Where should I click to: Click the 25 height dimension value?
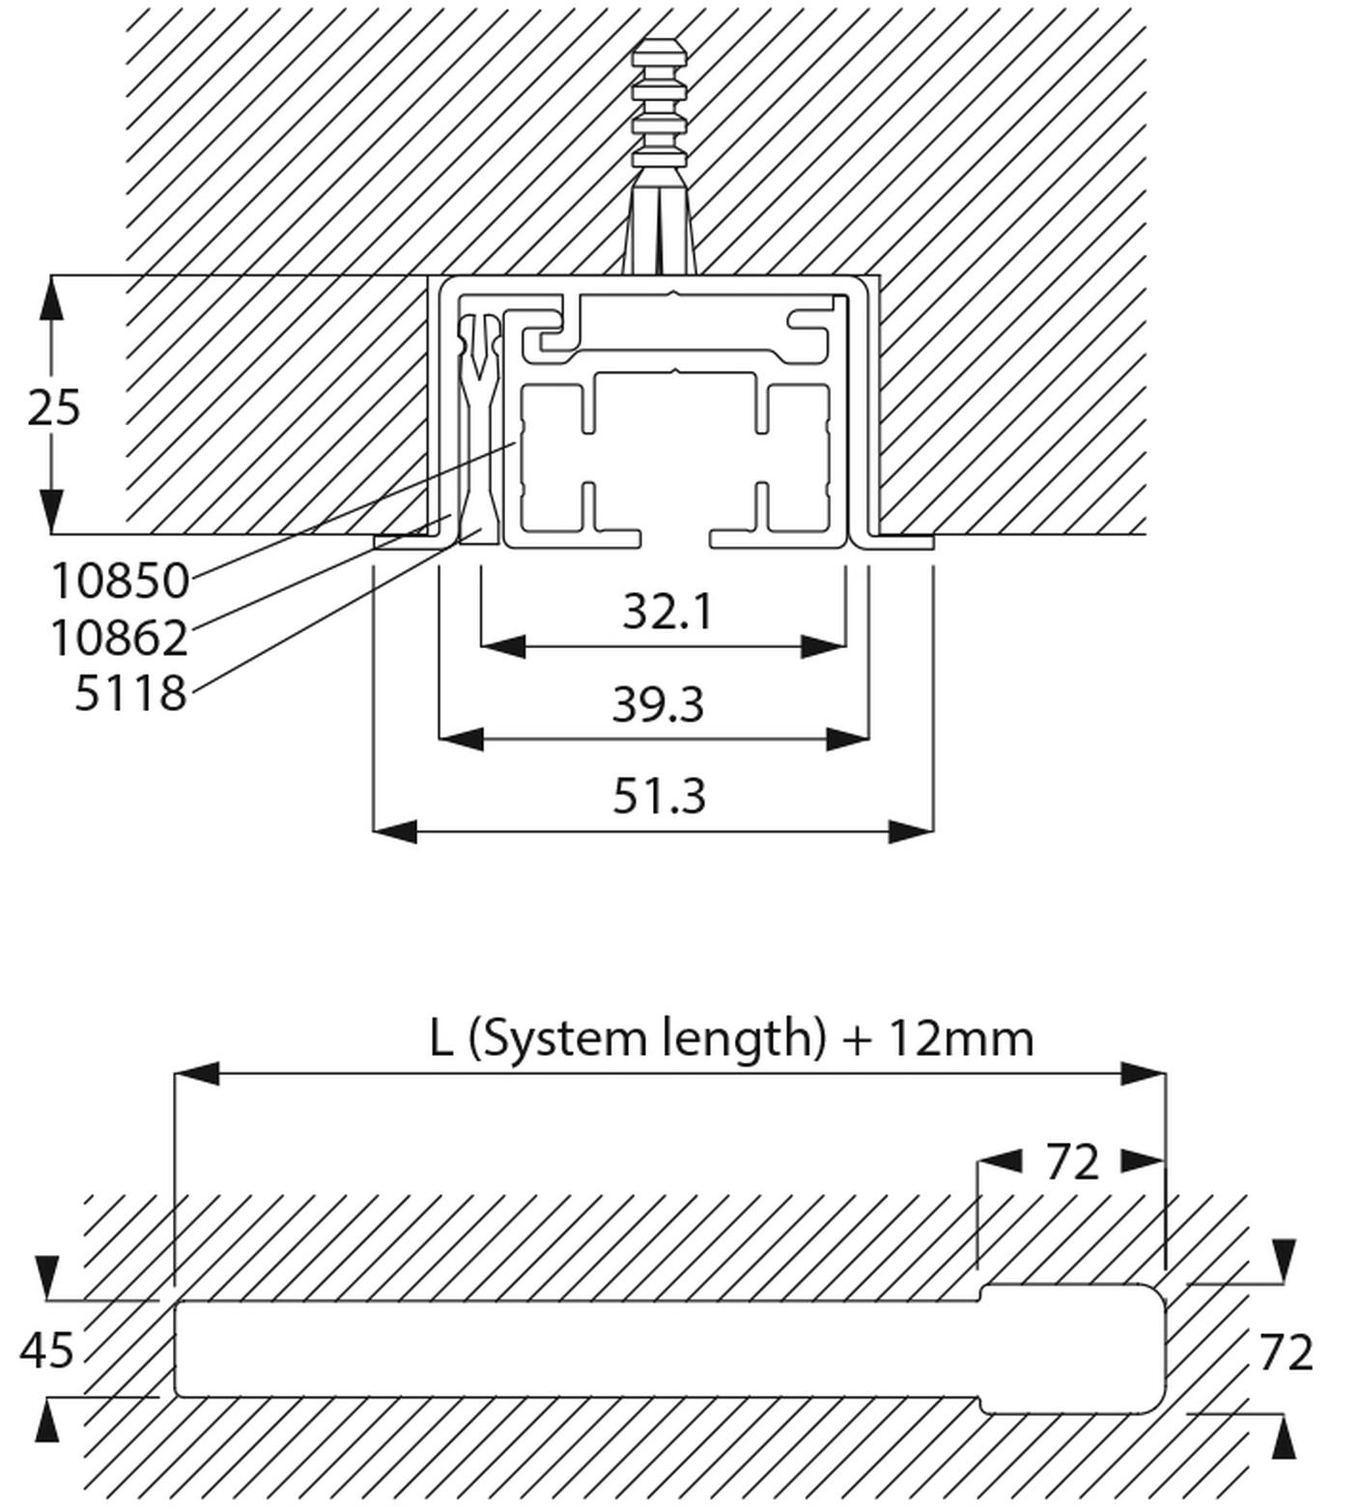click(x=53, y=408)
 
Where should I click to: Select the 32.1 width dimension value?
click(x=666, y=611)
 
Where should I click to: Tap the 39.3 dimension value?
click(x=658, y=704)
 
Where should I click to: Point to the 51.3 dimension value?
click(x=659, y=797)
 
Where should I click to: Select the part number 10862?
click(x=118, y=639)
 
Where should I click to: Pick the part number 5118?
click(x=130, y=694)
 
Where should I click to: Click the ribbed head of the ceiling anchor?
click(x=660, y=101)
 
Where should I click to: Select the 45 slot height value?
click(x=46, y=1350)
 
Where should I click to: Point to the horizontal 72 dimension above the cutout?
click(x=1072, y=1162)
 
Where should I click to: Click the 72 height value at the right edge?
click(x=1285, y=1352)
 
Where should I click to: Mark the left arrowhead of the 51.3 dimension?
click(x=394, y=831)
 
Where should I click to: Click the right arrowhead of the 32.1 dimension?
click(x=824, y=646)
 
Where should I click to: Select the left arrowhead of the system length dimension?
click(x=196, y=1073)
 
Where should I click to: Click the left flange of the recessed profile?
click(x=406, y=542)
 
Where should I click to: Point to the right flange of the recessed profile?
click(x=903, y=542)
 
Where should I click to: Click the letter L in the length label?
click(x=440, y=1038)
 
